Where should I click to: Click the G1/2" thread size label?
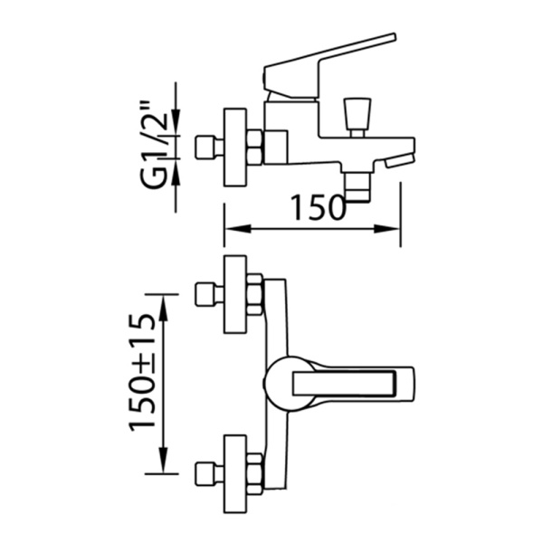(x=155, y=145)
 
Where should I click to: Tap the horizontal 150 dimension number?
(x=319, y=207)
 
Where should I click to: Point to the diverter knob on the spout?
(x=357, y=114)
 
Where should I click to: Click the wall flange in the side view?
(x=236, y=148)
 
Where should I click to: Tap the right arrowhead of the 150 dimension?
(x=387, y=229)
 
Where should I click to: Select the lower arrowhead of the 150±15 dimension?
(x=163, y=460)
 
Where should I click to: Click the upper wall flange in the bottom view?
(x=236, y=294)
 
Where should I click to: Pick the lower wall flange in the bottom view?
(x=236, y=474)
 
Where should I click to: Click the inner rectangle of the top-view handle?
(x=344, y=384)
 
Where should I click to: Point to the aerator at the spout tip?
(x=399, y=161)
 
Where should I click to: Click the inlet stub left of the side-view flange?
(x=210, y=148)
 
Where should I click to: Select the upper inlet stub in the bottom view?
(x=210, y=295)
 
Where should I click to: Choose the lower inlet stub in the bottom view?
(x=210, y=473)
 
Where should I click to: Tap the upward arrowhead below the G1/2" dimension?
(x=176, y=171)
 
